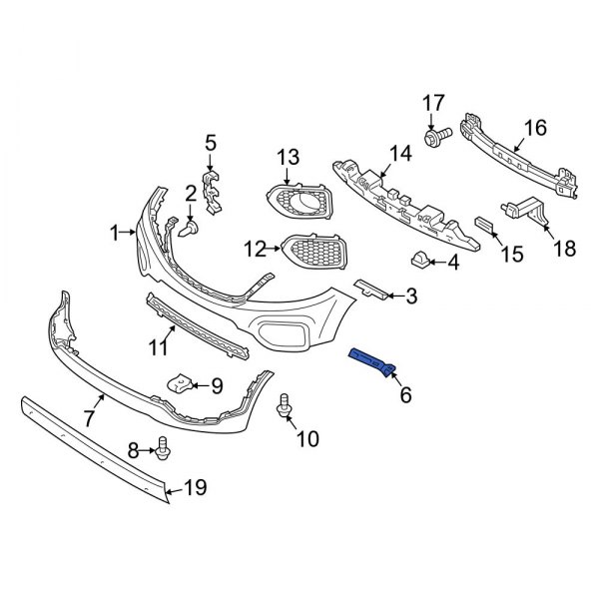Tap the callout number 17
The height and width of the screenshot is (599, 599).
pyautogui.click(x=432, y=102)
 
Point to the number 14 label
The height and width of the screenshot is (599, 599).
pyautogui.click(x=400, y=153)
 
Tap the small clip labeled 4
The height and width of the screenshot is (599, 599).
pyautogui.click(x=419, y=262)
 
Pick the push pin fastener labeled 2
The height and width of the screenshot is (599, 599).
pyautogui.click(x=190, y=229)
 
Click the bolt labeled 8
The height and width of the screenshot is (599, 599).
pyautogui.click(x=164, y=451)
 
